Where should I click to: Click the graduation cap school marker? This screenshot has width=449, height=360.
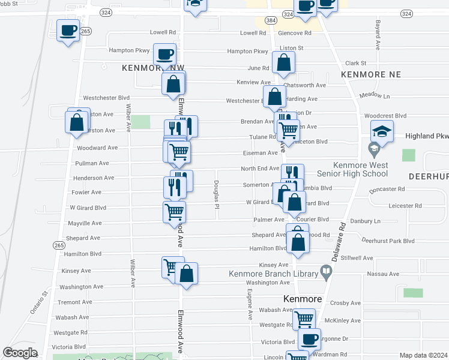click(x=382, y=131)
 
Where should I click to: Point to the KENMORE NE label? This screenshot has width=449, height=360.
click(x=366, y=74)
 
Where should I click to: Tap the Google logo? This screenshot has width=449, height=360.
click(x=20, y=353)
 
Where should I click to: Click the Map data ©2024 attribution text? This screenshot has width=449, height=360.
click(x=423, y=355)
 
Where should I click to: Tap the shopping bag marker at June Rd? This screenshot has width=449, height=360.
click(x=283, y=63)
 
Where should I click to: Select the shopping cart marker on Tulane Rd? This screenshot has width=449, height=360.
click(x=288, y=130)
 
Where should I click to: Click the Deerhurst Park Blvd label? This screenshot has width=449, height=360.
click(x=388, y=241)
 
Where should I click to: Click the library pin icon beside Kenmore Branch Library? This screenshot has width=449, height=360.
click(x=326, y=273)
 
